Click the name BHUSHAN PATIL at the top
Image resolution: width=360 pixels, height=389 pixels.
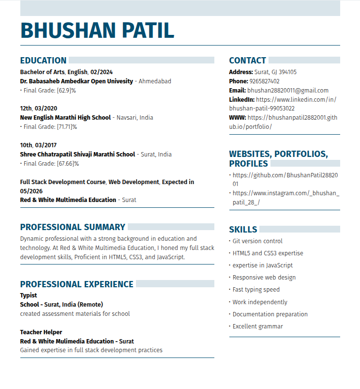(97, 30)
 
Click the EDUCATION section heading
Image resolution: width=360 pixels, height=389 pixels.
(43, 61)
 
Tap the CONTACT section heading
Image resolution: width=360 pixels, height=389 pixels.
(247, 61)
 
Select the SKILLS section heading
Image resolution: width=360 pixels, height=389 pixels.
(243, 229)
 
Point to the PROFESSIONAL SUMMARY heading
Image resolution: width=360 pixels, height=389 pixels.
(73, 227)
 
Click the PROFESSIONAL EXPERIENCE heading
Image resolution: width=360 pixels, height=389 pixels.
(76, 284)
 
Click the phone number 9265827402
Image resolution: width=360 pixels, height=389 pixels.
(264, 81)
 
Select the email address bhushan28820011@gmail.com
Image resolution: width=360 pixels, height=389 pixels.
(288, 91)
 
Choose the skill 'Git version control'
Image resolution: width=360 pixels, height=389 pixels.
(257, 241)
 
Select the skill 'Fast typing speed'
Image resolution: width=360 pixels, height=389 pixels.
(256, 290)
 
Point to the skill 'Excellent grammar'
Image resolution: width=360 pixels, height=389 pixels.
(258, 327)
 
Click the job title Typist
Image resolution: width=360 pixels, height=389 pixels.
(29, 296)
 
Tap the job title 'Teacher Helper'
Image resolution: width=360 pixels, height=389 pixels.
(41, 332)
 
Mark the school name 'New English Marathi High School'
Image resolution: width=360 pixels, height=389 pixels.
(65, 118)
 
